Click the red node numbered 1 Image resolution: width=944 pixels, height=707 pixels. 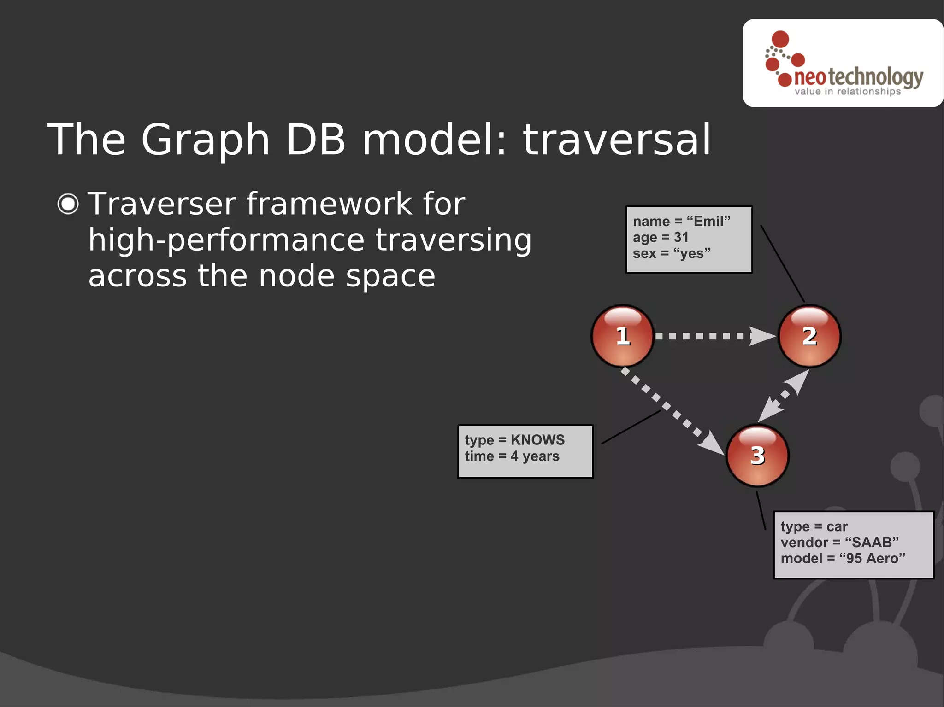tap(623, 336)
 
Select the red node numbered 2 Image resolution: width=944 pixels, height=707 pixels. tap(809, 336)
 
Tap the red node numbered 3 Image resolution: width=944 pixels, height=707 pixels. tap(757, 456)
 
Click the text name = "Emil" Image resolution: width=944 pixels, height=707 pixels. tap(681, 222)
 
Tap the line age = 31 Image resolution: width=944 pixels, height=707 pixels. tap(660, 238)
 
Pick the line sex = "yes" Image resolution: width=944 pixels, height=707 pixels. tap(671, 254)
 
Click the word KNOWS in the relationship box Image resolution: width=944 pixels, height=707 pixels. tap(537, 440)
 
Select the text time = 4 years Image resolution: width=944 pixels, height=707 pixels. tap(512, 456)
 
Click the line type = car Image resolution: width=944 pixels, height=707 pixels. tap(814, 526)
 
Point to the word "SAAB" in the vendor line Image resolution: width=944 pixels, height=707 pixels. tap(872, 543)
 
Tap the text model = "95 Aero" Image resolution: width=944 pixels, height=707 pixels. tap(843, 559)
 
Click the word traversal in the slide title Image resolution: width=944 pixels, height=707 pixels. tap(617, 140)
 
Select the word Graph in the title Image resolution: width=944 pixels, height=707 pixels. tap(205, 140)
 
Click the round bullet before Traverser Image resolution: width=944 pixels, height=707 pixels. tap(68, 204)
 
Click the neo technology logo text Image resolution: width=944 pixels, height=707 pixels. tap(859, 77)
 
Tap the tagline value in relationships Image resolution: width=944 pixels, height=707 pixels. tap(847, 92)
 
